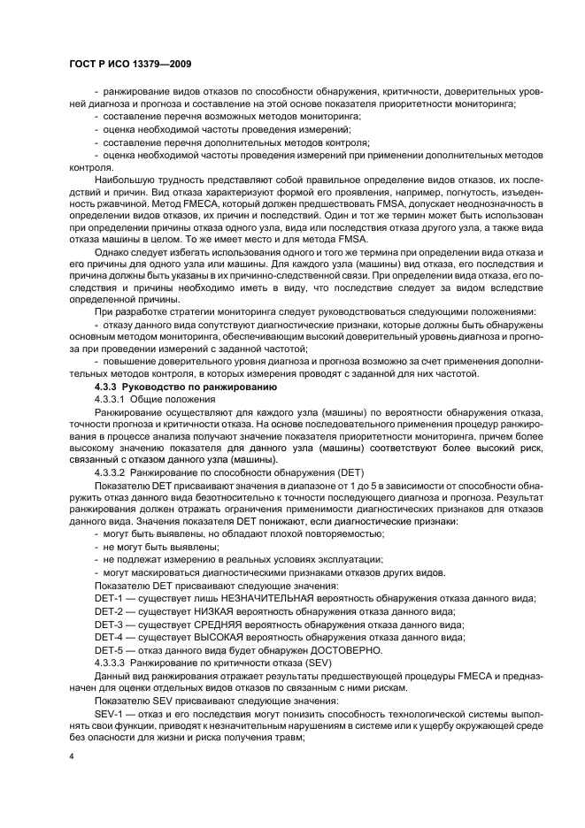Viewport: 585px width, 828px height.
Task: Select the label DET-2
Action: click(111, 611)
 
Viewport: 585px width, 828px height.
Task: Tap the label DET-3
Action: click(111, 625)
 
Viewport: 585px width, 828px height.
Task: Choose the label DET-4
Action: click(111, 637)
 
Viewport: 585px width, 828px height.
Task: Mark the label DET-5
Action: click(111, 650)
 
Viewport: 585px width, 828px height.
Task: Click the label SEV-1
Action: click(111, 712)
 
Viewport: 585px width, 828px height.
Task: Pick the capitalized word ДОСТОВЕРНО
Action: click(343, 650)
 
